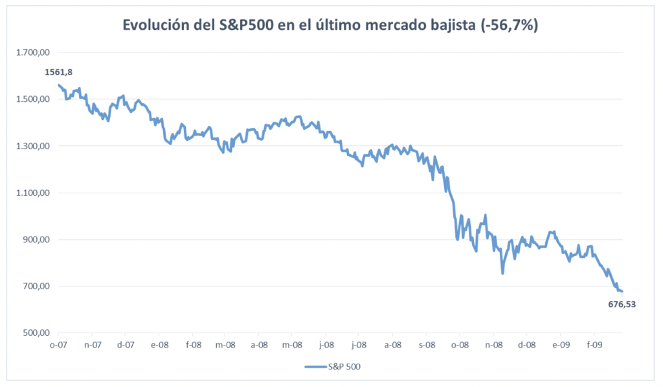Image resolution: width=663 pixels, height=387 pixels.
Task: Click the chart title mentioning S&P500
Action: [x=331, y=25]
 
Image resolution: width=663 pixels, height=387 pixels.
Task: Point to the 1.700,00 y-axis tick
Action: [x=32, y=53]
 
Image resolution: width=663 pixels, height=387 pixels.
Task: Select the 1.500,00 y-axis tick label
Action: [x=32, y=99]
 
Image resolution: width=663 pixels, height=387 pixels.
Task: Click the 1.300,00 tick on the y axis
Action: [x=32, y=146]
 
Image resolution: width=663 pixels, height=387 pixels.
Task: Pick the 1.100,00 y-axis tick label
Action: [x=32, y=193]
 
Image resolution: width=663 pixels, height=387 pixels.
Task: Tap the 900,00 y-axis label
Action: [x=36, y=239]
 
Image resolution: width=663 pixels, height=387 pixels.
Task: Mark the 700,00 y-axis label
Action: [x=36, y=286]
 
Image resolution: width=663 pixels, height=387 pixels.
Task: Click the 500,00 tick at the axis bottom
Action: [x=36, y=333]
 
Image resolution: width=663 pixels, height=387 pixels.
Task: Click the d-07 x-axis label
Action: [x=125, y=345]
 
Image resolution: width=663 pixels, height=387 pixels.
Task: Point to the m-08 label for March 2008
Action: [x=225, y=345]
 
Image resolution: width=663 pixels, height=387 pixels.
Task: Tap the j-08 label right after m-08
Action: [x=325, y=345]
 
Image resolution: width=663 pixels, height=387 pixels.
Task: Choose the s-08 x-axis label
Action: [x=426, y=345]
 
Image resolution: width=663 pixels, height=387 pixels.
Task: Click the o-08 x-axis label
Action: [x=460, y=345]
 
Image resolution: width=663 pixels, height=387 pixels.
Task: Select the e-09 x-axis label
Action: [x=560, y=345]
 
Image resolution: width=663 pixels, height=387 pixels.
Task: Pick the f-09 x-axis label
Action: [x=594, y=345]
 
